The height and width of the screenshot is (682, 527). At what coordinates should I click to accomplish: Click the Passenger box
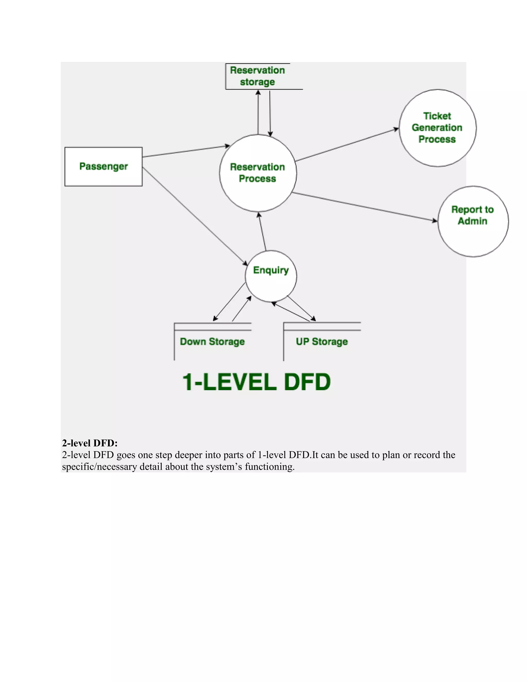(x=103, y=167)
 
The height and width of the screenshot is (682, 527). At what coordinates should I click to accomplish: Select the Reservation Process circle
(x=258, y=173)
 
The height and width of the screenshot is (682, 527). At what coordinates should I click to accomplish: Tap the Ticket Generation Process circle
(x=437, y=128)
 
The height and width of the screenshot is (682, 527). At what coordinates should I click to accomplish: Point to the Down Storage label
(x=212, y=342)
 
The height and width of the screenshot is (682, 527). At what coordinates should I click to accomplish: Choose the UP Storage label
(x=322, y=342)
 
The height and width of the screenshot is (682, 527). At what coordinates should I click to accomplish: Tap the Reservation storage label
(x=258, y=76)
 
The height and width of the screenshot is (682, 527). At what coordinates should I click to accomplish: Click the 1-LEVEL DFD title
(x=256, y=382)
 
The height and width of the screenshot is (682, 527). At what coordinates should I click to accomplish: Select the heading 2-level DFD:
(x=90, y=443)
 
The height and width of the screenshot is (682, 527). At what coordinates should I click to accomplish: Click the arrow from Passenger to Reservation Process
(x=186, y=151)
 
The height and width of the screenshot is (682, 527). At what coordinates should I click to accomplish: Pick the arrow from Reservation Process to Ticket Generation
(x=347, y=145)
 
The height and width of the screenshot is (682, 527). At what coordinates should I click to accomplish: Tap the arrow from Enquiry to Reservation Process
(x=262, y=231)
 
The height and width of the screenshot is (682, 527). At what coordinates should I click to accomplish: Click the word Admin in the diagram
(x=472, y=221)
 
